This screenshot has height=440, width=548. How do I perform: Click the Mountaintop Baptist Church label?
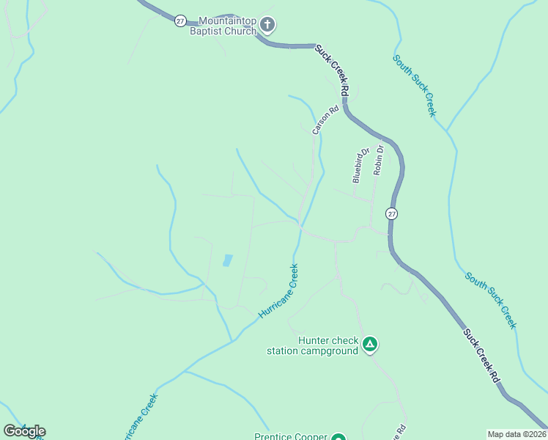click(x=223, y=26)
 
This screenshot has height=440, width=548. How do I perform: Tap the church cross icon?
click(x=267, y=26)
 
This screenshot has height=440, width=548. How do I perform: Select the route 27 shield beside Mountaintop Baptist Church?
click(x=180, y=21)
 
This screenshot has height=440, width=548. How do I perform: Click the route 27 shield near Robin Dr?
click(x=392, y=214)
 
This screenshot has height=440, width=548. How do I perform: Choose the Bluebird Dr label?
click(x=358, y=166)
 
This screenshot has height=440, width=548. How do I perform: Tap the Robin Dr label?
click(x=378, y=159)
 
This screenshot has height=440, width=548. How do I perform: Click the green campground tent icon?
click(x=371, y=344)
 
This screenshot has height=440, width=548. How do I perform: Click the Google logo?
click(x=24, y=431)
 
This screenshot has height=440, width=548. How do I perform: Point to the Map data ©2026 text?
click(x=516, y=434)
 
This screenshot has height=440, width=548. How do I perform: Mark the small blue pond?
click(x=227, y=260)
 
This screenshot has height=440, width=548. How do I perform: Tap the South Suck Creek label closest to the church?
click(x=414, y=85)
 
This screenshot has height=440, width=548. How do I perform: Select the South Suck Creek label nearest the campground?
click(x=490, y=300)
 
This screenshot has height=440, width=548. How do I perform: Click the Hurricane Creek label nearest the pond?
click(x=278, y=291)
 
